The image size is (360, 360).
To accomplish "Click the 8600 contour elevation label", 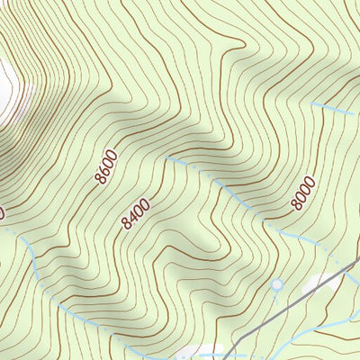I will click(105, 168).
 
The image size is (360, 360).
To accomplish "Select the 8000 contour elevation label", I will click(303, 194).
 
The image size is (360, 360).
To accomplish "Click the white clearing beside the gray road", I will click(319, 283).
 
